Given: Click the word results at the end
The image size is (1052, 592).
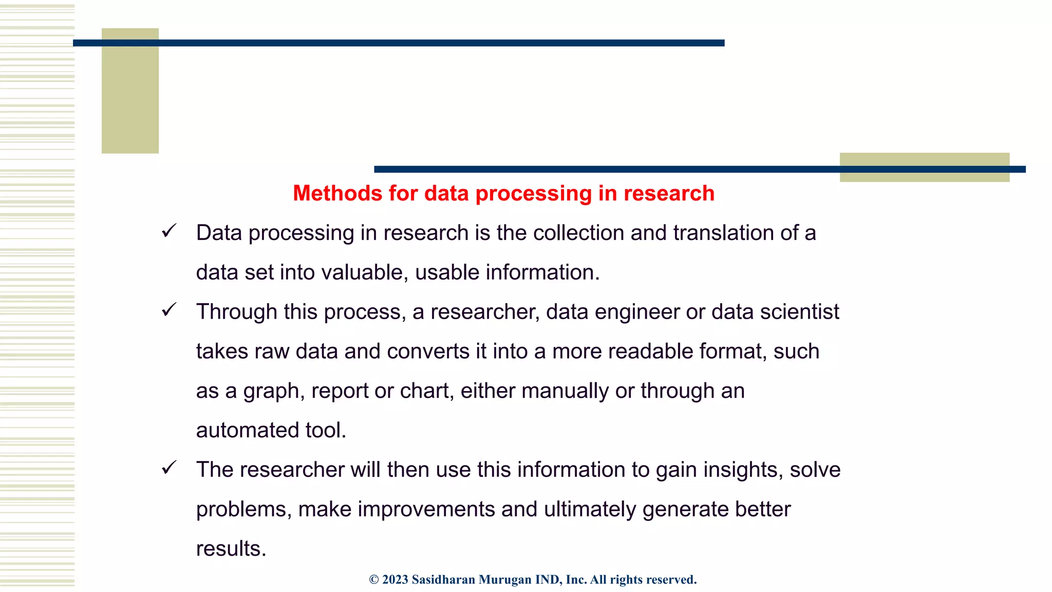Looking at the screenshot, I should coord(231,549).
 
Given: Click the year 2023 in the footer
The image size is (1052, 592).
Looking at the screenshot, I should coord(395,580).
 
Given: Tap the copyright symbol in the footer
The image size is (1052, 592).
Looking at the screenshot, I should coord(374,580).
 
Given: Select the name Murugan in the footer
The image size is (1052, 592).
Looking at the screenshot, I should coord(505,580).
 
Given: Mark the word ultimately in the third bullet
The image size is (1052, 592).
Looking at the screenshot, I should coord(590,509).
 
